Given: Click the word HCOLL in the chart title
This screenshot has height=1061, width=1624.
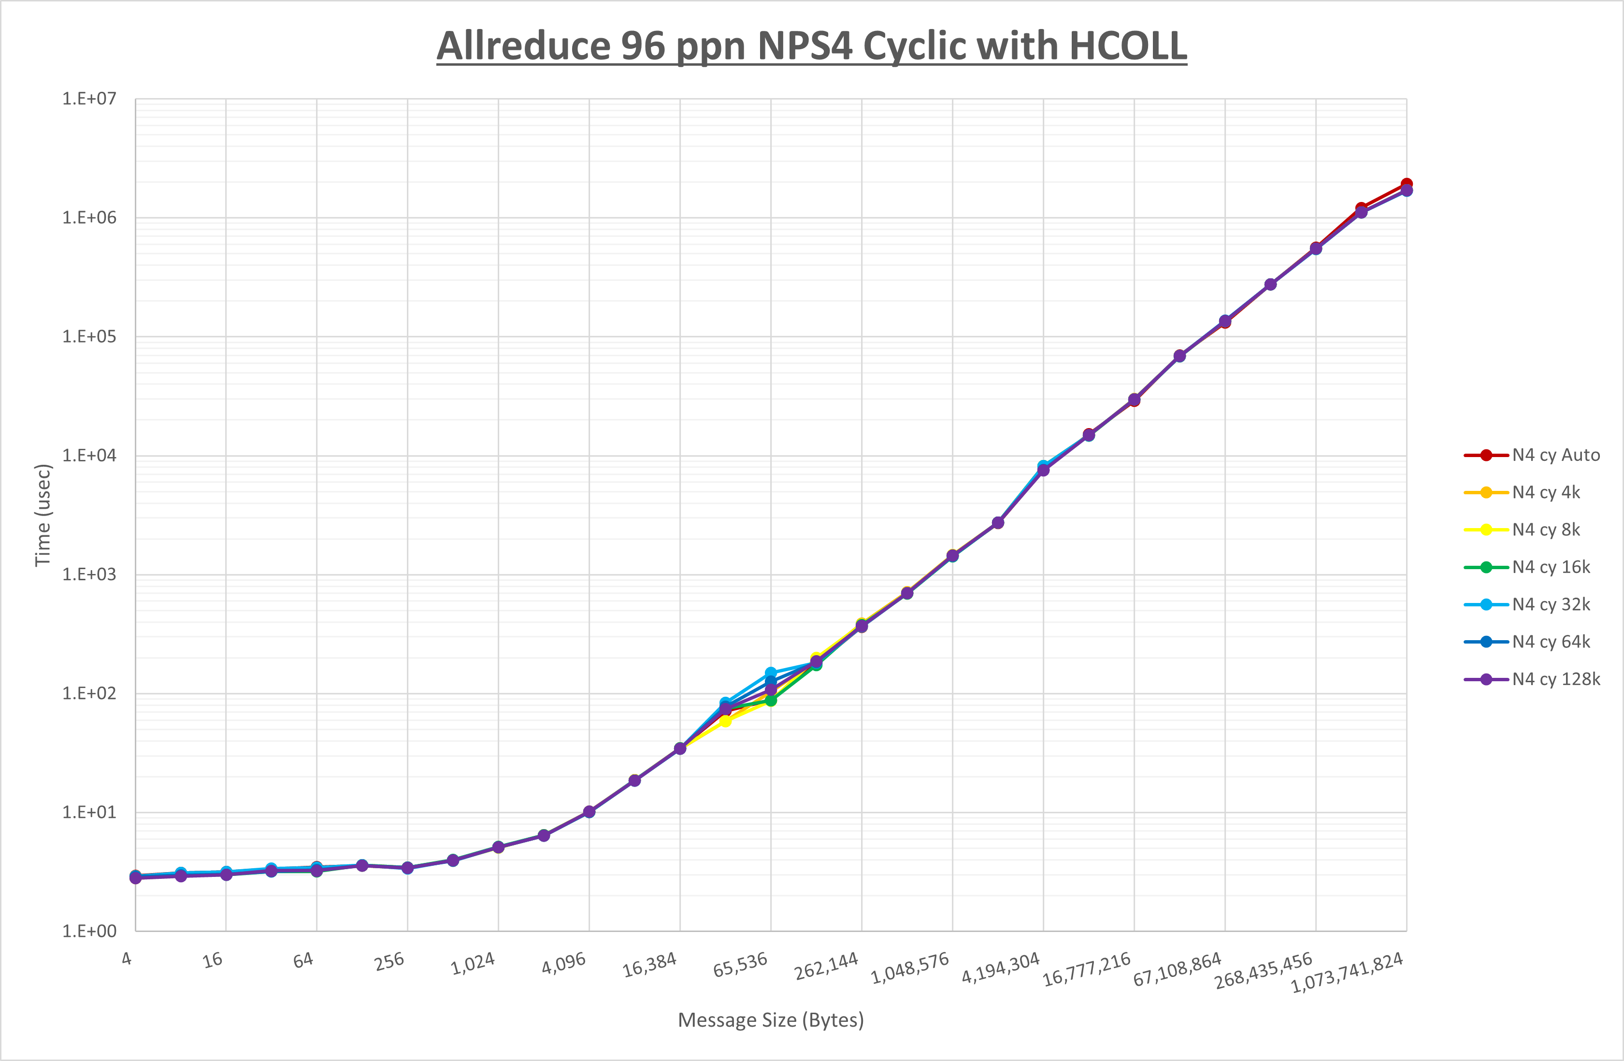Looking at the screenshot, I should click(1127, 46).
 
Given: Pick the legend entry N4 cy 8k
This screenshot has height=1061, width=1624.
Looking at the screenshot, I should click(1546, 530).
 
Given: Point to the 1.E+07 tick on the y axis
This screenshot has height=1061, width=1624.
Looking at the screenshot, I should click(89, 99).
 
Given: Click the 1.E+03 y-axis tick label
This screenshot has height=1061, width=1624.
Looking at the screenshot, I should click(89, 574).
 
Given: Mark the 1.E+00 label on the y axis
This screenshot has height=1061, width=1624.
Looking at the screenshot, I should click(89, 932).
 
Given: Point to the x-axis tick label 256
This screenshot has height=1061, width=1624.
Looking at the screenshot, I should click(389, 961).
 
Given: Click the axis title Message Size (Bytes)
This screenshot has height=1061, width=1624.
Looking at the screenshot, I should click(770, 1020).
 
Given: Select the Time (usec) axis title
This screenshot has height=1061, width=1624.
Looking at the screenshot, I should click(43, 515).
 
